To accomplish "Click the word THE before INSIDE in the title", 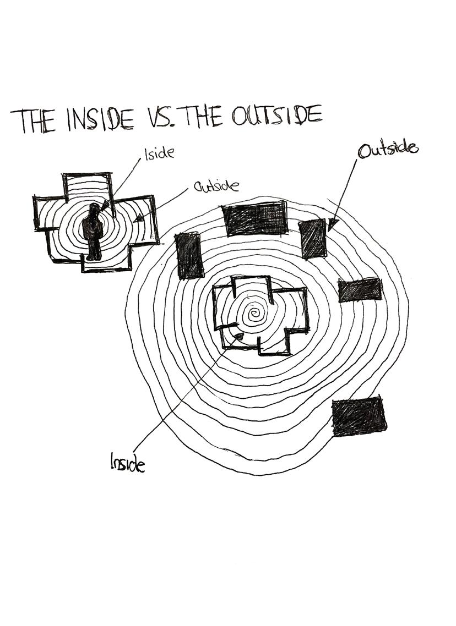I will (x=33, y=122).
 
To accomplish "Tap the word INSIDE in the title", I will (x=99, y=119).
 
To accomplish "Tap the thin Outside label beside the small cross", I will (x=216, y=186).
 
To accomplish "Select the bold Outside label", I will (x=388, y=149).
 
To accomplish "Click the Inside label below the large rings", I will (x=128, y=463).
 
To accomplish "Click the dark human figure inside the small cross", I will (x=93, y=231).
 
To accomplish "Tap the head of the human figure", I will (x=94, y=209).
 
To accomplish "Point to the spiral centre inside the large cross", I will (x=254, y=315).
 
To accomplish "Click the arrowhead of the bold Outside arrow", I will (x=330, y=226).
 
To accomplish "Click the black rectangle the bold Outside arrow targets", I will (x=313, y=239).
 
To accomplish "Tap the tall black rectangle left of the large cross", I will (x=189, y=255).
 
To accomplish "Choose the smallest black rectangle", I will (x=360, y=290).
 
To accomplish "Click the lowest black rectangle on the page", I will (x=359, y=416).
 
